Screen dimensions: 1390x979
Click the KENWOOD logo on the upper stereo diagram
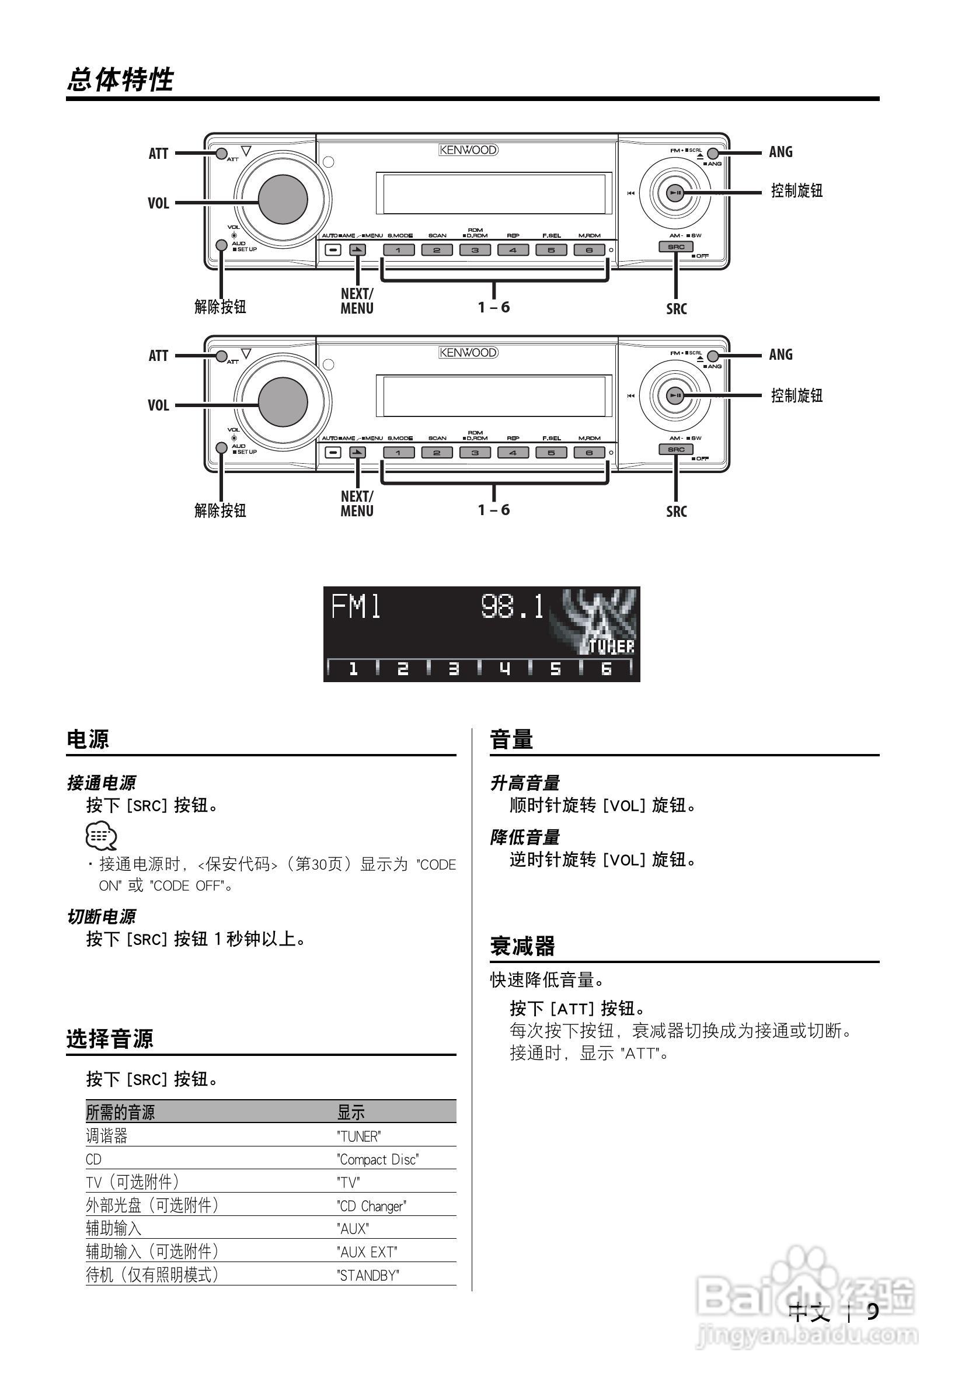point(468,150)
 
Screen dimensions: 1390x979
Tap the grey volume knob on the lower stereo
point(283,401)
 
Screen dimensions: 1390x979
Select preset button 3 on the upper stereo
point(475,250)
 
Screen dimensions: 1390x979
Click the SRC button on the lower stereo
point(676,450)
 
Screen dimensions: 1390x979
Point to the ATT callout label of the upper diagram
point(159,154)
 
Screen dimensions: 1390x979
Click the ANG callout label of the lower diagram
point(781,355)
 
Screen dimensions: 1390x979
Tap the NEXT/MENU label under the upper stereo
point(357,301)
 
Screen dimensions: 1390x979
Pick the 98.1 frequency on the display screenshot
point(513,607)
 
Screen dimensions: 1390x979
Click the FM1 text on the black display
point(356,607)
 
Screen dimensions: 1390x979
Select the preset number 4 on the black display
point(504,668)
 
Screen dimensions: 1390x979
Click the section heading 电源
point(88,739)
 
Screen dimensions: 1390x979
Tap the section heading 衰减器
point(522,946)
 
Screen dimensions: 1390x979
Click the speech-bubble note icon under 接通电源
point(101,836)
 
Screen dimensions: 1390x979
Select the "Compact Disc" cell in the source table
point(378,1159)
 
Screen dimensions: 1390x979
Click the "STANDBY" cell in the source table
point(368,1276)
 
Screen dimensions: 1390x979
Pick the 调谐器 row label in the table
point(107,1136)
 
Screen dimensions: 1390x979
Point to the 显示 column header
point(351,1112)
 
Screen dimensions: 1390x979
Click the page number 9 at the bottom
point(873,1311)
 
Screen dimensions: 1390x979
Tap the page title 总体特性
point(120,80)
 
